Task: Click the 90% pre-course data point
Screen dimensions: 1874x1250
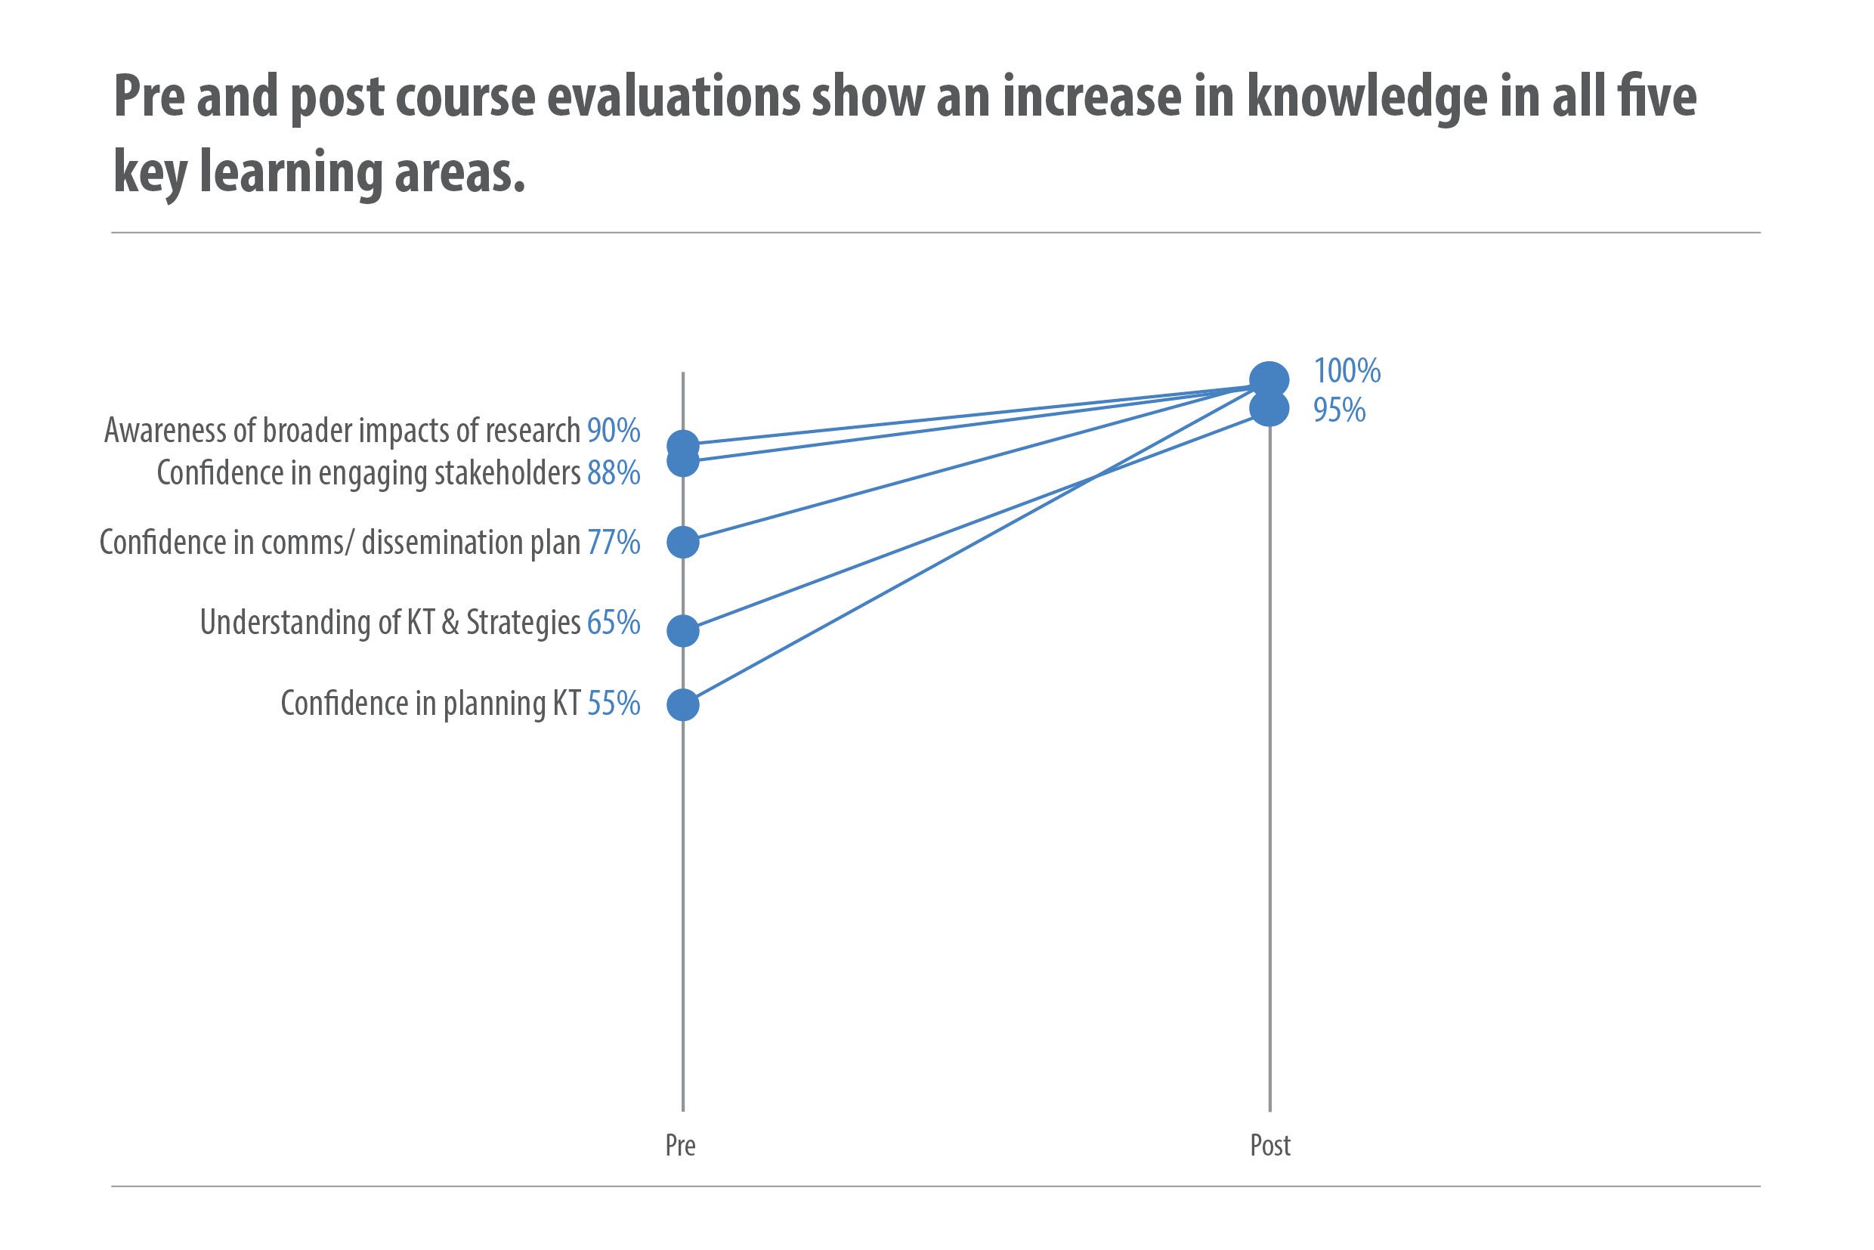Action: (x=682, y=446)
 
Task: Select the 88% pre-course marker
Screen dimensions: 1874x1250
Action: (x=682, y=460)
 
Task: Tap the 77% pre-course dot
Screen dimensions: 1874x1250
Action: (x=682, y=542)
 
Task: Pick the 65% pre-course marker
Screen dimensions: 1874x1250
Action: (x=682, y=630)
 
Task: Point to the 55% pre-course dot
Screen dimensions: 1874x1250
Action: (x=682, y=704)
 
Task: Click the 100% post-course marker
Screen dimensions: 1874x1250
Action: (x=1269, y=380)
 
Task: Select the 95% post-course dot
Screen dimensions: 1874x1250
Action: (x=1269, y=409)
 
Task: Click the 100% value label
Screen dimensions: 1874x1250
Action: (x=1347, y=371)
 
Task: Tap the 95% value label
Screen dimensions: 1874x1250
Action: (x=1339, y=410)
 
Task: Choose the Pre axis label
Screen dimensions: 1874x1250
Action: (x=681, y=1146)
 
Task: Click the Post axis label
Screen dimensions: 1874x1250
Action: (x=1269, y=1146)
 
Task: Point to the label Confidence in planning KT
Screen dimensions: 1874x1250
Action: (x=431, y=704)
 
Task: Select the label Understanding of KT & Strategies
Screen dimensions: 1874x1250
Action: (x=390, y=623)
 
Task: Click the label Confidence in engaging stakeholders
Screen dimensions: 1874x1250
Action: (x=368, y=473)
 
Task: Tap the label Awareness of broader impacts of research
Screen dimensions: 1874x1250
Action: (x=342, y=431)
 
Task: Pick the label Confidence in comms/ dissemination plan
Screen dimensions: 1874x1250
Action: (x=339, y=542)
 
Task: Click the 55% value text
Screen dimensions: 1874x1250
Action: (x=614, y=704)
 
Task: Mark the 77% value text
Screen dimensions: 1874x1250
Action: (x=614, y=542)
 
